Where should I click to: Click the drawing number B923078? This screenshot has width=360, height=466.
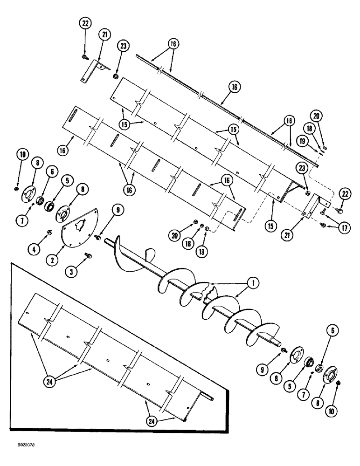21,458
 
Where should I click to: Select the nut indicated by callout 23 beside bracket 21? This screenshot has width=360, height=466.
115,76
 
